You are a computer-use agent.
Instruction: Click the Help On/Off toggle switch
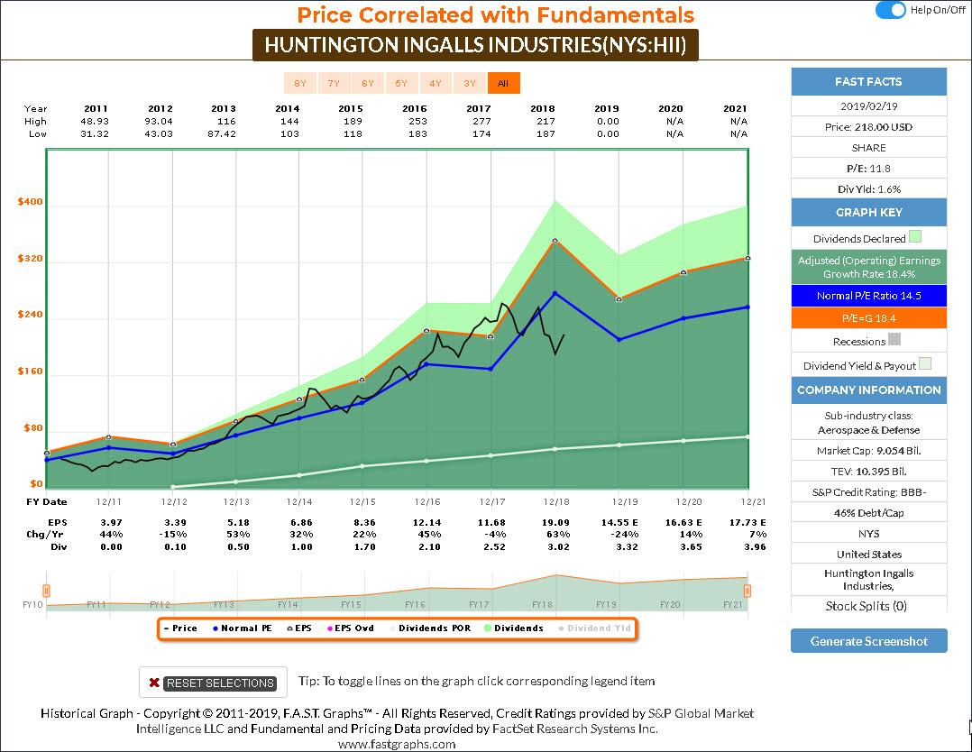coord(891,10)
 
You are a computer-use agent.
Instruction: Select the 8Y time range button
coord(300,83)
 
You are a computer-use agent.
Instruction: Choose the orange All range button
coord(503,83)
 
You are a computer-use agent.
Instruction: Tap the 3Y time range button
coord(470,83)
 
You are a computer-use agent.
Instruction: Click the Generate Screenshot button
coord(868,641)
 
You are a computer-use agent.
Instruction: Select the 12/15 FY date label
coord(362,501)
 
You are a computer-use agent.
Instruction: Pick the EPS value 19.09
coord(555,522)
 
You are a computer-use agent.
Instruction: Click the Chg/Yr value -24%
coord(619,534)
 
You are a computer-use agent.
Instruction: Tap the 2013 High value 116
coord(225,121)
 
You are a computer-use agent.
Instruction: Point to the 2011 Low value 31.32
coord(96,133)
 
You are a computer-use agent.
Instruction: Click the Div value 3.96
coord(750,546)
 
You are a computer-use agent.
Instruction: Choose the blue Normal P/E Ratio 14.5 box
coord(868,296)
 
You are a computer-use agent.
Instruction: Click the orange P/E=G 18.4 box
coord(868,318)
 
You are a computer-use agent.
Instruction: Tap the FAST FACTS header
coord(868,82)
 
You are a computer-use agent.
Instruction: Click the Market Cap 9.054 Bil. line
coord(868,450)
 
